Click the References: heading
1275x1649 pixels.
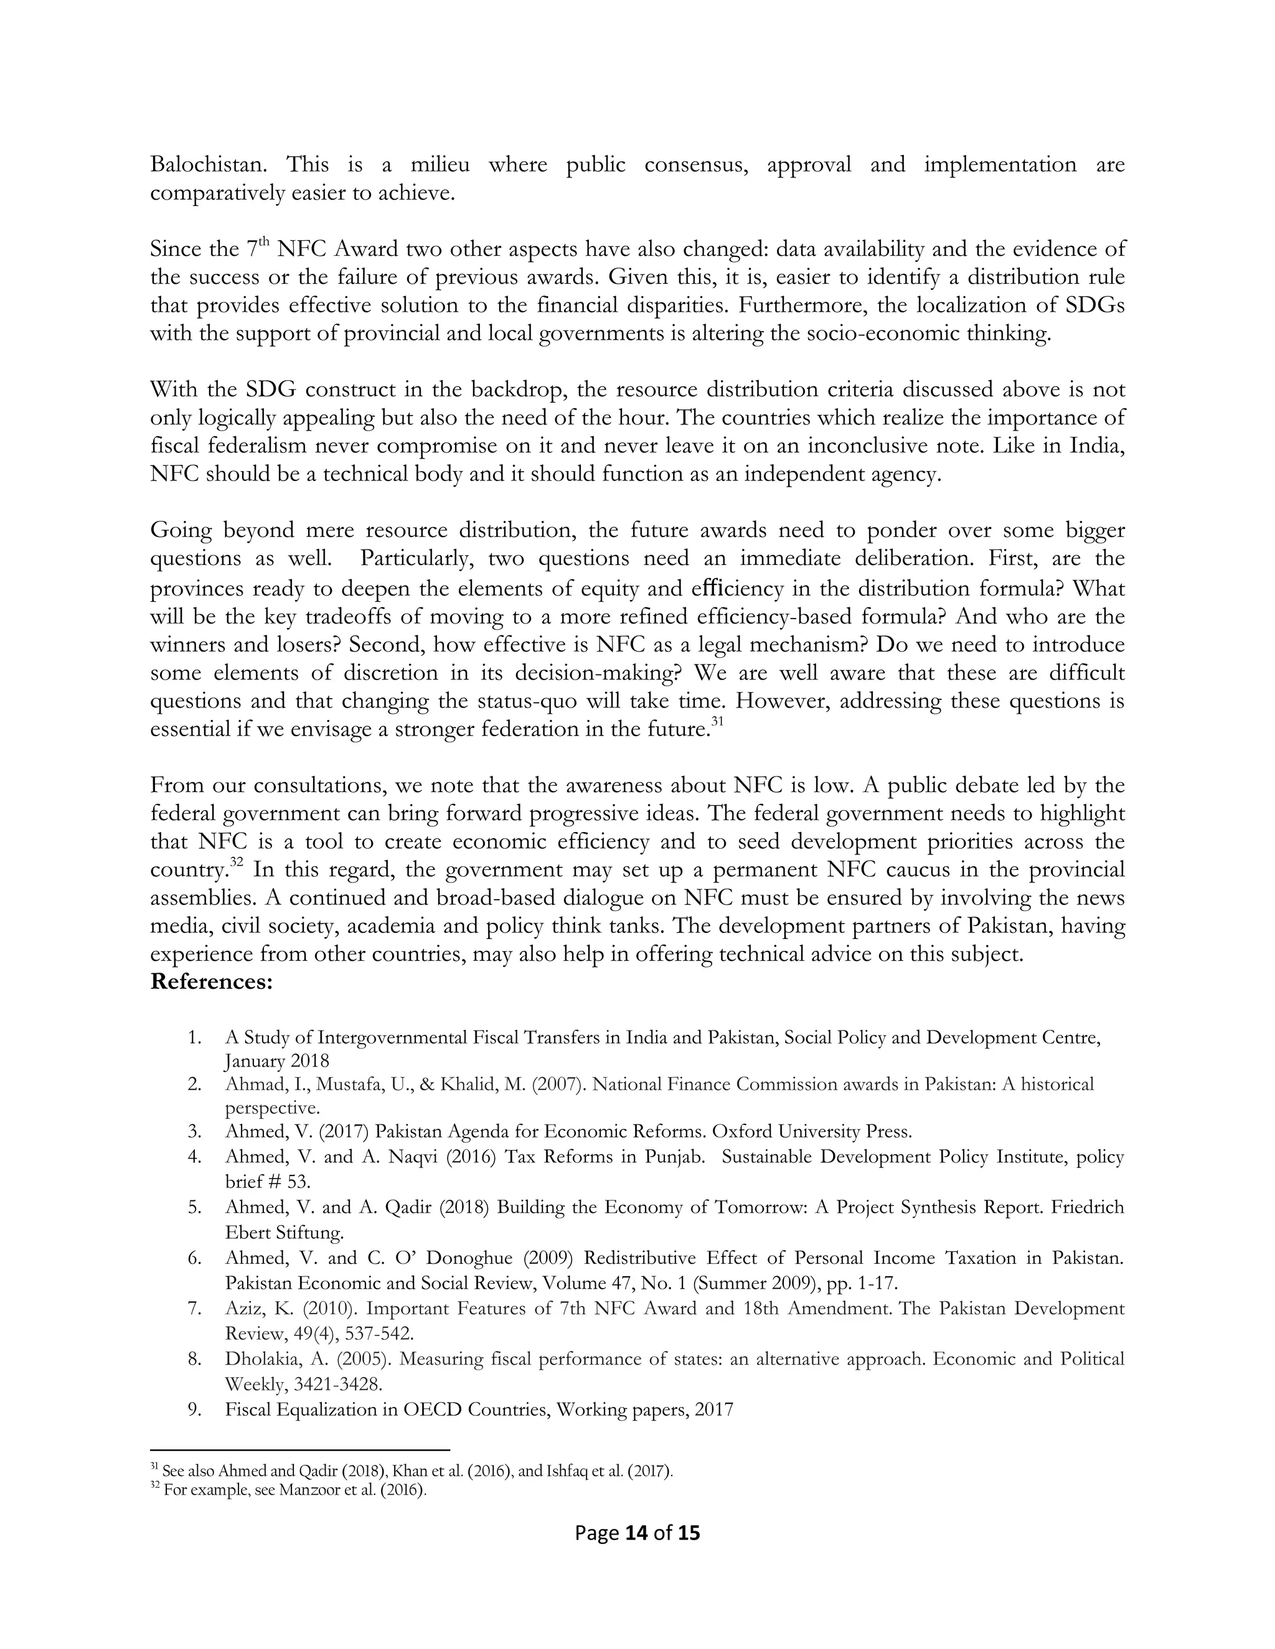[x=212, y=983]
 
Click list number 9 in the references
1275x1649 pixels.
[x=195, y=1409]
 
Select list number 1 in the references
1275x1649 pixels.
[x=195, y=1037]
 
